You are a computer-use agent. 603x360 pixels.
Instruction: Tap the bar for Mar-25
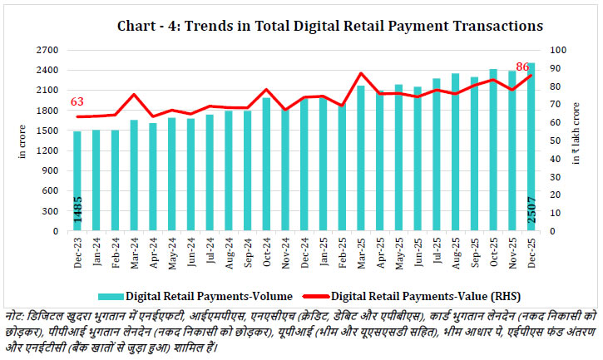[x=361, y=158]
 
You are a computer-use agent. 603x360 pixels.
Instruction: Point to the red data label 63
[x=77, y=102]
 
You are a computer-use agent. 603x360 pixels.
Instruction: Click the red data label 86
[x=522, y=67]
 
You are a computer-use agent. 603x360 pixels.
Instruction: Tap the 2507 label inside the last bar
[x=531, y=213]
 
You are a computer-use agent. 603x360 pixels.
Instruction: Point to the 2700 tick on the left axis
[x=47, y=50]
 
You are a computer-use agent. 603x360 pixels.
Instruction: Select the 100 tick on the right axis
[x=554, y=50]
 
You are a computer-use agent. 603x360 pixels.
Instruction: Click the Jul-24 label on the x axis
[x=210, y=251]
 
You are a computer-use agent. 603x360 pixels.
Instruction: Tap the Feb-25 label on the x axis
[x=342, y=251]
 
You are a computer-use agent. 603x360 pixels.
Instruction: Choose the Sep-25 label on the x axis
[x=474, y=251]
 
